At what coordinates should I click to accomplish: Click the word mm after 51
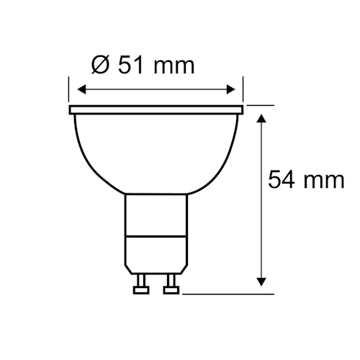coord(174,67)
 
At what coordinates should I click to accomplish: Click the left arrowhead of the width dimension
coord(81,89)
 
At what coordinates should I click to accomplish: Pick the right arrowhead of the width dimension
coord(233,89)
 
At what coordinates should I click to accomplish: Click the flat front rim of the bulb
coord(157,111)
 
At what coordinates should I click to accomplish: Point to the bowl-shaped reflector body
coord(157,151)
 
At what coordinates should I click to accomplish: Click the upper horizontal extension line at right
coord(261,105)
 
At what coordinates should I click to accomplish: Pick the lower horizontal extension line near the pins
coord(230,293)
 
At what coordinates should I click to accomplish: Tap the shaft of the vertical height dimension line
coord(261,216)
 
